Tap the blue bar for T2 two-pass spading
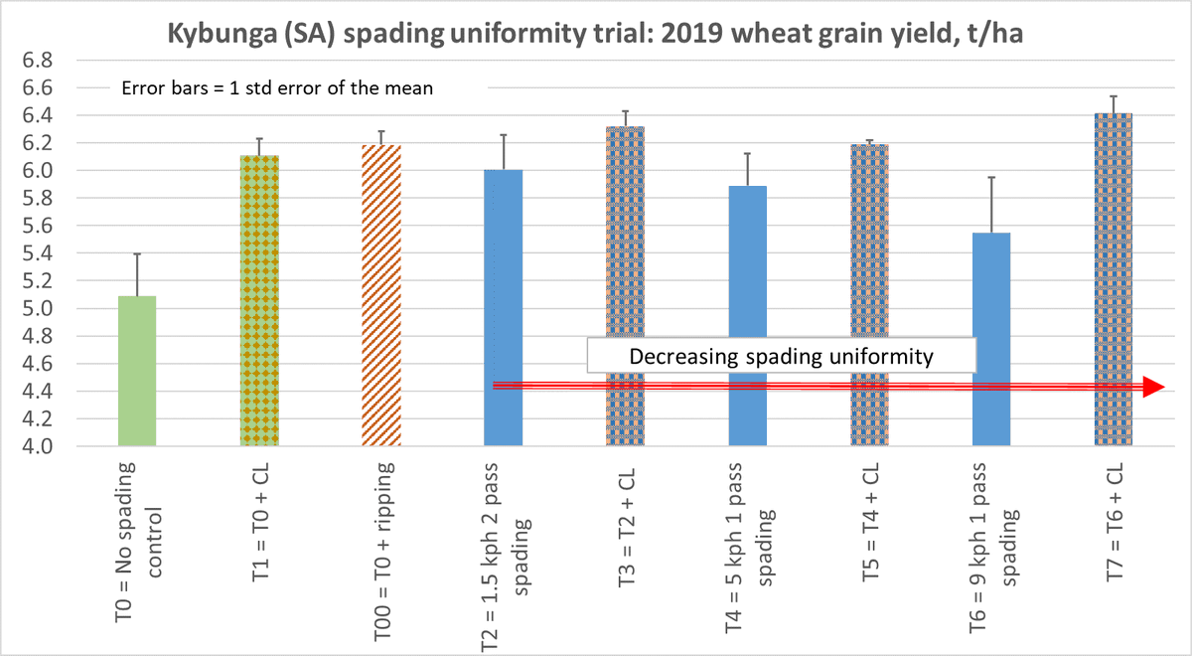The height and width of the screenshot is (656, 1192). (x=504, y=298)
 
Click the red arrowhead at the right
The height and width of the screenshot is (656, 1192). (x=1152, y=388)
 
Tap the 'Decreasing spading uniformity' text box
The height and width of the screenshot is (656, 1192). (x=780, y=356)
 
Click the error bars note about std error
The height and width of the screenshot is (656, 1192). (x=278, y=86)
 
